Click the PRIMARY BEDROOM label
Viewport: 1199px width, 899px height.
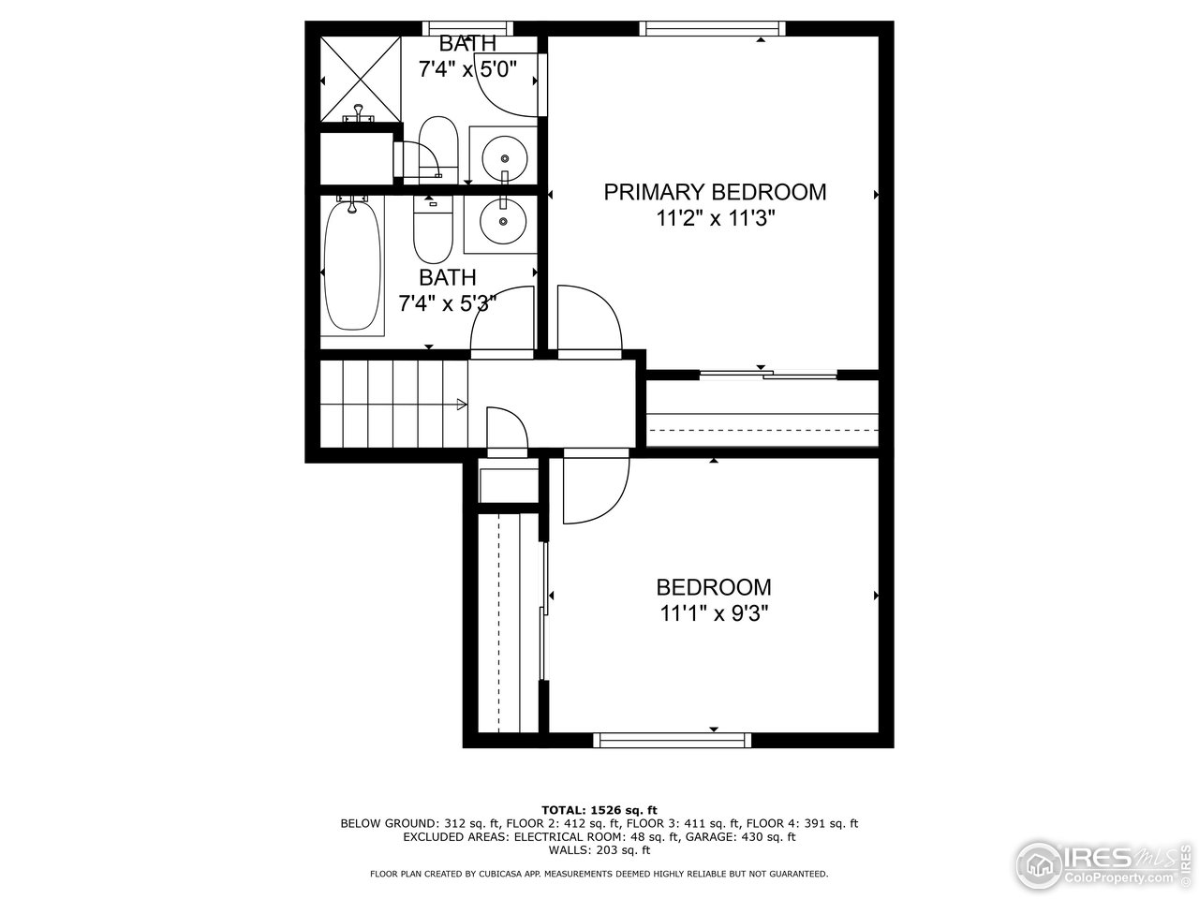(715, 192)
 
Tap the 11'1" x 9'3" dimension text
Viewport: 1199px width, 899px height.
(715, 614)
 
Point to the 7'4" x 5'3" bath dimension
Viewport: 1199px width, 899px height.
(448, 303)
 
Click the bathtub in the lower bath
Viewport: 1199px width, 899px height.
(352, 265)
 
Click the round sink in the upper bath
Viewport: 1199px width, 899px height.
(504, 152)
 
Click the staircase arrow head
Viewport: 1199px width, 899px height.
(461, 405)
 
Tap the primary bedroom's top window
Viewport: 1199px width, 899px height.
(713, 28)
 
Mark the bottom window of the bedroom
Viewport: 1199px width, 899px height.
(673, 740)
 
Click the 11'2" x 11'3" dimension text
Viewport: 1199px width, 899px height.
(715, 219)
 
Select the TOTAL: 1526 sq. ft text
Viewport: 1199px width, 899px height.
(599, 809)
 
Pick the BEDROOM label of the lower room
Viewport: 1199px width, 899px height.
(714, 587)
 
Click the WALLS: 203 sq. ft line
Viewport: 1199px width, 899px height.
(599, 850)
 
